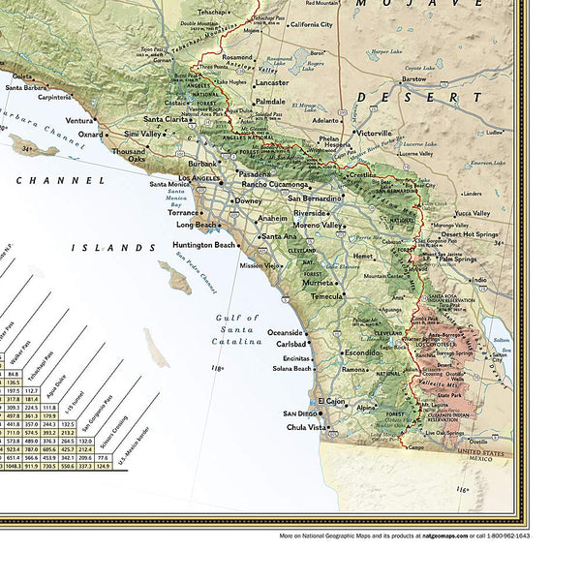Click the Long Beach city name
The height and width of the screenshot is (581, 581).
coord(197,225)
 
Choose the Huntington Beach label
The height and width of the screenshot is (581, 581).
coord(203,245)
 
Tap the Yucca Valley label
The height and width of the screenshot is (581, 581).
coord(474,213)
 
